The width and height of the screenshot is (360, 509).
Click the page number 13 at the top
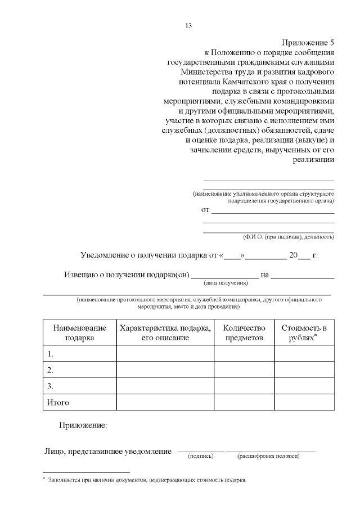click(188, 25)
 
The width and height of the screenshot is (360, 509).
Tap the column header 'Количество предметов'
click(244, 332)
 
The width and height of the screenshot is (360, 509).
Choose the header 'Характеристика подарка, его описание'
click(165, 332)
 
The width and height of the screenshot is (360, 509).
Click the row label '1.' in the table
click(51, 354)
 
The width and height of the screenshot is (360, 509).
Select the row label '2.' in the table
click(51, 370)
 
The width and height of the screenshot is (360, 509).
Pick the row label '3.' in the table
click(51, 386)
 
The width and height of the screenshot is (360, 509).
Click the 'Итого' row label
click(57, 403)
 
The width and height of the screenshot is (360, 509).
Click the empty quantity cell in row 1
click(244, 354)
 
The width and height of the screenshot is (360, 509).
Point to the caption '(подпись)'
click(200, 456)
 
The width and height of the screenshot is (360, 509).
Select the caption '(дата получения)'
click(226, 283)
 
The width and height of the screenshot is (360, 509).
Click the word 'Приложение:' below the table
click(83, 425)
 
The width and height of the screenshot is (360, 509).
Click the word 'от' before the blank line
click(205, 210)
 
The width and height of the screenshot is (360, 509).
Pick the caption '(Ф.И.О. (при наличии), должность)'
click(289, 237)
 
